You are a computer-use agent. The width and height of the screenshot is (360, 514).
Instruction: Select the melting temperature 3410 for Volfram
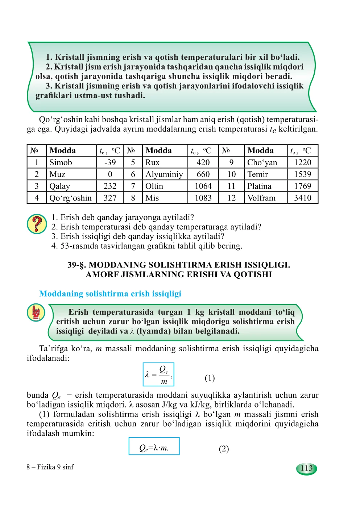coord(302,198)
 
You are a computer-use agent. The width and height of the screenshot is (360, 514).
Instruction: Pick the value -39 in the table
coord(110,162)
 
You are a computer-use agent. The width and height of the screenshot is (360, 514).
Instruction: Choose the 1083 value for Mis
coord(203,198)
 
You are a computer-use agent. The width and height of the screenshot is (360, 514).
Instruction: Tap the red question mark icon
coord(37,224)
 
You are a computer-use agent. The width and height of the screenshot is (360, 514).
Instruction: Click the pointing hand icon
coord(36,313)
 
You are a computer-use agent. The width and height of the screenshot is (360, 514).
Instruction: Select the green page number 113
coord(306,468)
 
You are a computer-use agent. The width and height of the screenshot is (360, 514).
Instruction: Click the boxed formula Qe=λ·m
coord(154,447)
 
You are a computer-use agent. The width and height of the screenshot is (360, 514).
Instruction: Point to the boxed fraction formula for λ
coord(158,374)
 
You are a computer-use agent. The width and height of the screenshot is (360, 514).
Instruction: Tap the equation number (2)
coord(224,449)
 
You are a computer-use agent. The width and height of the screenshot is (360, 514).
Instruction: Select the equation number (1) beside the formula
coord(210,378)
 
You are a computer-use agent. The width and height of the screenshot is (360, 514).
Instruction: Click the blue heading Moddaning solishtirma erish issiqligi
coord(110,294)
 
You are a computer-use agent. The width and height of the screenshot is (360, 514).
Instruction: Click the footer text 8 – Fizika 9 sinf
coord(50,467)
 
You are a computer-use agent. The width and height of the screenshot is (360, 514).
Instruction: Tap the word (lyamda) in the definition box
coord(152,331)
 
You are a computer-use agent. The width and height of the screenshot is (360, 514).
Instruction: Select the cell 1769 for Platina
coord(302,186)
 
